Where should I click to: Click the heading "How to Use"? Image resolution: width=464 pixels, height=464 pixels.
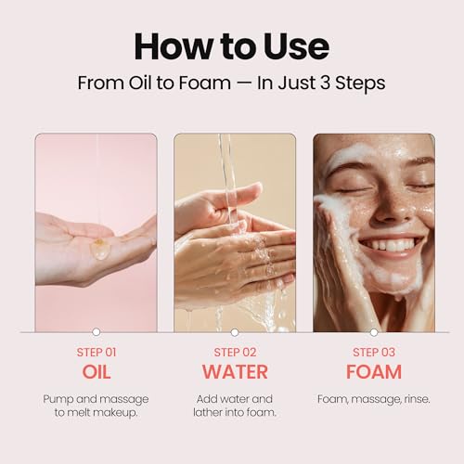(x=232, y=45)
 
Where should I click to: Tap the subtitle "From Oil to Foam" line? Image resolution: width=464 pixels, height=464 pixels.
(x=232, y=83)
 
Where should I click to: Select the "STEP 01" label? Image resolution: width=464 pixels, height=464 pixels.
(x=96, y=352)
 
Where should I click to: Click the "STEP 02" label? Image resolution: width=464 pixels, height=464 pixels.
(x=234, y=352)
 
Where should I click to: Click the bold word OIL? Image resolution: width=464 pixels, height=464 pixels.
(x=96, y=372)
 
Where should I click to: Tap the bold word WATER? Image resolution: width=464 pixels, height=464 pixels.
(x=234, y=372)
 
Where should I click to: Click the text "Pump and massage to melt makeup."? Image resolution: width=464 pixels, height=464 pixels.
(x=96, y=406)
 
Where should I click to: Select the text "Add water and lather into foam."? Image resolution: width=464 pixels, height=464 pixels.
(x=234, y=406)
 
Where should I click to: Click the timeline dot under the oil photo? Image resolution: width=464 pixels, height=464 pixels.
(x=96, y=331)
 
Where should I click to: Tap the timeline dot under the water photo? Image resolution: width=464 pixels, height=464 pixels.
(x=234, y=331)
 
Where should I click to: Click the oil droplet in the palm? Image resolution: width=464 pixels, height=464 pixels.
(x=99, y=248)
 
